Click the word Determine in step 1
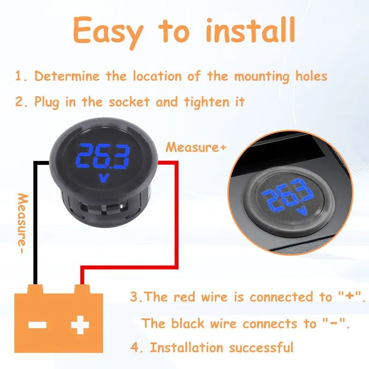pyautogui.click(x=67, y=76)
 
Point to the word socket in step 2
pyautogui.click(x=129, y=101)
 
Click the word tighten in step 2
pyautogui.click(x=207, y=102)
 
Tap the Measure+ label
pyautogui.click(x=196, y=147)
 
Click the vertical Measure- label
pyautogui.click(x=22, y=223)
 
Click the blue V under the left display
pyautogui.click(x=103, y=178)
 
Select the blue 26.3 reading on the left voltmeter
pyautogui.click(x=102, y=156)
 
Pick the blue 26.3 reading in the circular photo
pyautogui.click(x=288, y=195)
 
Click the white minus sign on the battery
pyautogui.click(x=37, y=325)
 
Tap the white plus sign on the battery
pyautogui.click(x=80, y=325)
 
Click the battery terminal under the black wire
pyautogui.click(x=36, y=289)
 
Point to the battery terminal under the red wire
pyautogui.click(x=82, y=289)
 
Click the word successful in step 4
pyautogui.click(x=261, y=347)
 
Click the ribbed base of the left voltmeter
pyautogui.click(x=105, y=207)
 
